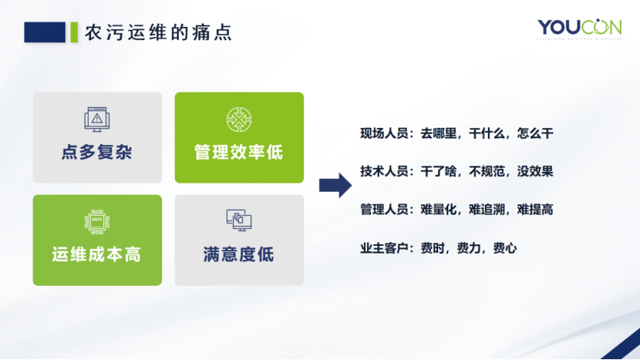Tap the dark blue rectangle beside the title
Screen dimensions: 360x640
45,32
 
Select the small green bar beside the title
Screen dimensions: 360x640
74,32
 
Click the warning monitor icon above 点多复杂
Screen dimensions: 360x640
97,119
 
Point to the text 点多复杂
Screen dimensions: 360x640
97,151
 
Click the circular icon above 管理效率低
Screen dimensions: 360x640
239,119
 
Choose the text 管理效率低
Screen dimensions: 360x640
239,151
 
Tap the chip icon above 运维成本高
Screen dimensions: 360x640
97,221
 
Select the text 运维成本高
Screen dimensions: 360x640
97,254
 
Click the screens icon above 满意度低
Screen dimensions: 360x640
239,221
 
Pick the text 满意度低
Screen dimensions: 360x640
239,254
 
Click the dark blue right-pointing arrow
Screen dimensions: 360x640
335,185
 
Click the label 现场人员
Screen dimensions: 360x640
384,133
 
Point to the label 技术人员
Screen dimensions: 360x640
384,171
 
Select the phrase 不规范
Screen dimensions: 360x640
487,171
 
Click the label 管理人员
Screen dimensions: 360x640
384,209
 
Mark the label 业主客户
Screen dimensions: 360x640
384,248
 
